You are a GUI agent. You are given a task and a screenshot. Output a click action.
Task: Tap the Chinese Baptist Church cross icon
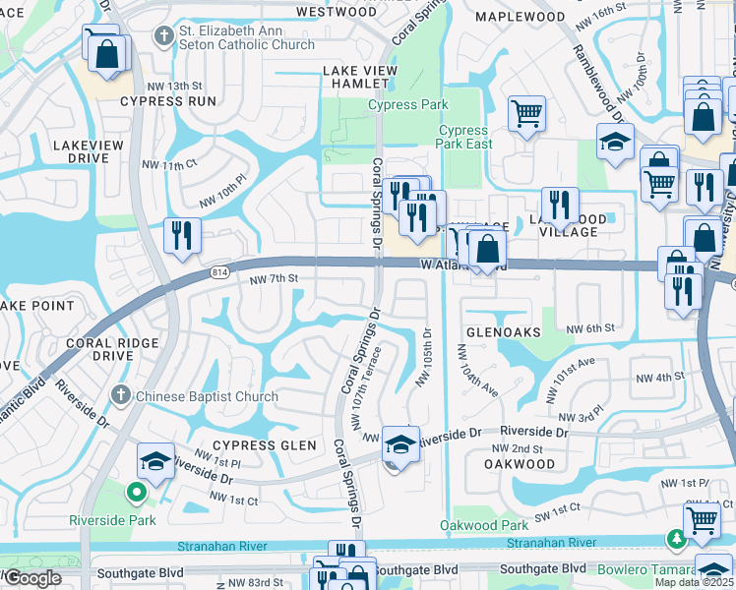click(120, 396)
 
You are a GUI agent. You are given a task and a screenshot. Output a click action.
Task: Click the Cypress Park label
click(408, 105)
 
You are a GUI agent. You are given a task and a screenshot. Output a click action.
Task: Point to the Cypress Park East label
click(464, 137)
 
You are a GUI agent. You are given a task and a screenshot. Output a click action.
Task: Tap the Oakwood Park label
click(477, 526)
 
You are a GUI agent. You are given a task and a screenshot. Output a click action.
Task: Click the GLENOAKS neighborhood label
click(503, 332)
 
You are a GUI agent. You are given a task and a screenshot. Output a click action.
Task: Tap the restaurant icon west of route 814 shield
click(182, 234)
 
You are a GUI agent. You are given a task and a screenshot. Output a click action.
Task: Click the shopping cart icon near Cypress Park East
click(527, 112)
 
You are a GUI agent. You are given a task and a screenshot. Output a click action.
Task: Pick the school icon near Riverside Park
click(156, 459)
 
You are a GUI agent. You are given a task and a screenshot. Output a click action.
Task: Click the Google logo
click(33, 578)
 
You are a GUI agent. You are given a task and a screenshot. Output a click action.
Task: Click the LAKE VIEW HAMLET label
click(360, 78)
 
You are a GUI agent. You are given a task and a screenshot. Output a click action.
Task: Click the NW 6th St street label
click(596, 327)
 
